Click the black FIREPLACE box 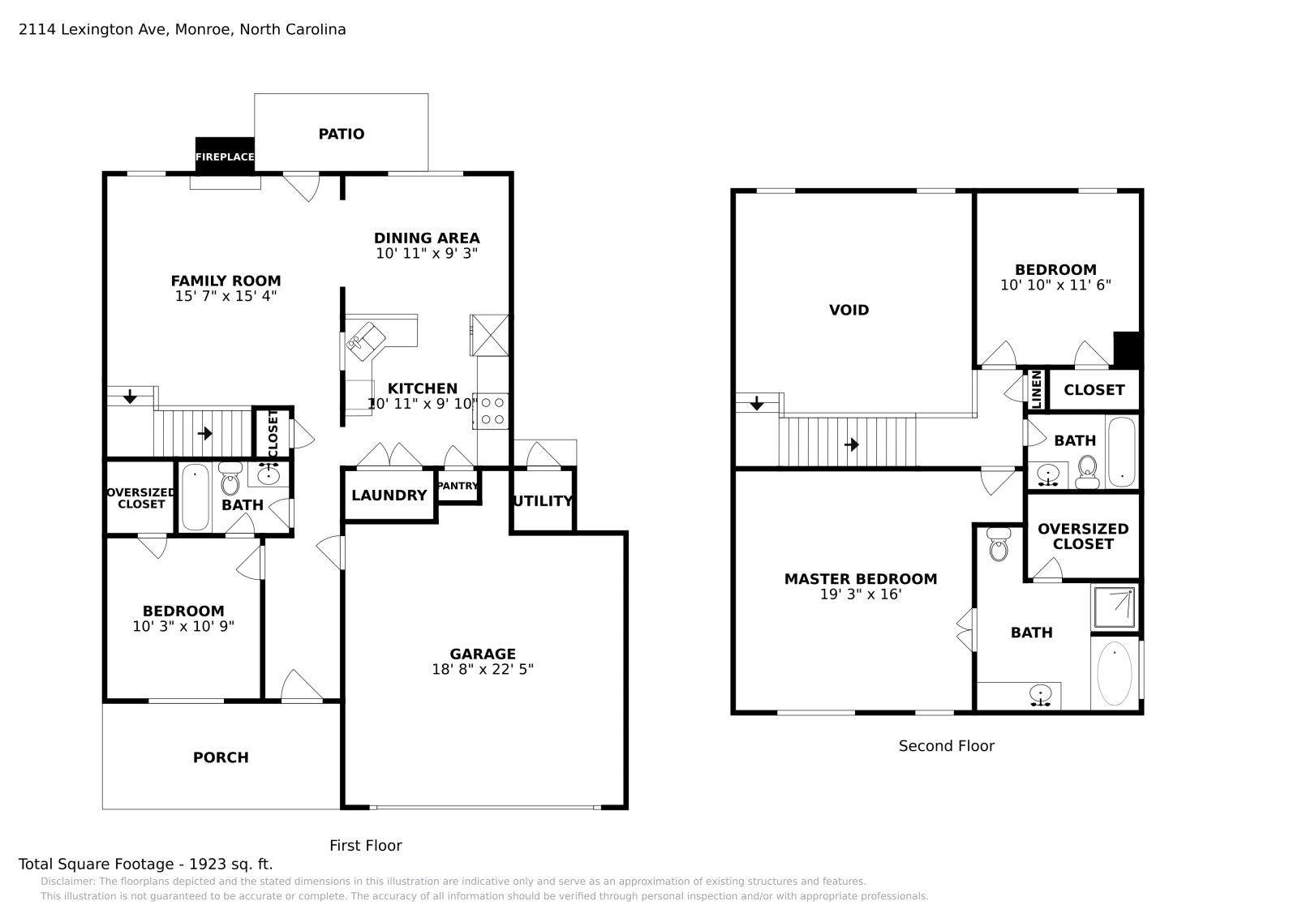click(225, 156)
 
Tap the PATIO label click(341, 134)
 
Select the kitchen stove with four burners click(492, 410)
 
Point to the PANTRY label click(458, 486)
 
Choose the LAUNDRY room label click(389, 495)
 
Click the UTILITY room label click(543, 501)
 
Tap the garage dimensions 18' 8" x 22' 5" click(483, 670)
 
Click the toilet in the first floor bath click(230, 480)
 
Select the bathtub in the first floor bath click(195, 497)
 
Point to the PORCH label click(221, 757)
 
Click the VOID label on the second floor click(849, 310)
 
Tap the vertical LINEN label click(1036, 390)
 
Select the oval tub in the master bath click(1114, 673)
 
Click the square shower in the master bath click(1114, 607)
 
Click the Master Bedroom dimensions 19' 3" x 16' click(860, 594)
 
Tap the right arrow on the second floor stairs click(851, 444)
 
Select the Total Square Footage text click(145, 864)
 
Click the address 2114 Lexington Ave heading click(182, 30)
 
